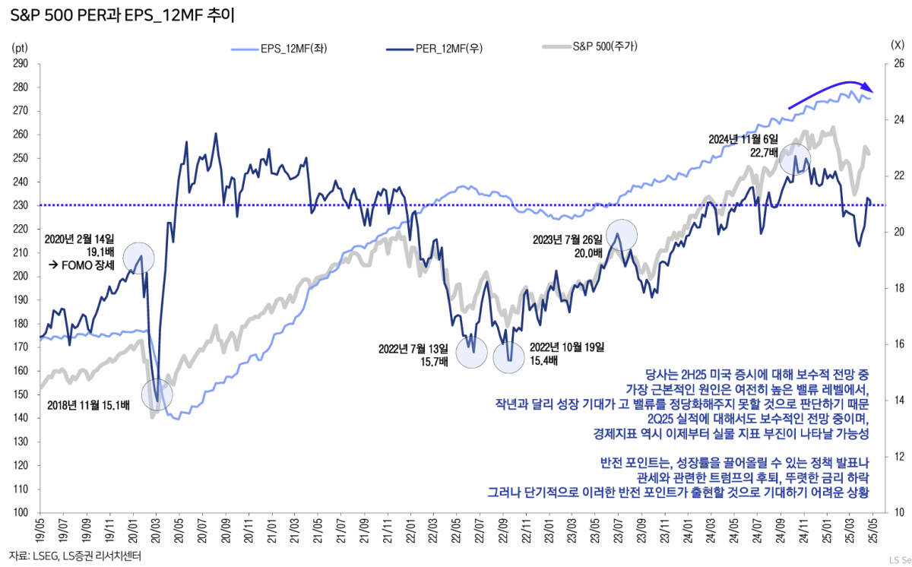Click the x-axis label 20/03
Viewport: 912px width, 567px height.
(x=155, y=530)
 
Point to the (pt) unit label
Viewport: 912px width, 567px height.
(x=20, y=46)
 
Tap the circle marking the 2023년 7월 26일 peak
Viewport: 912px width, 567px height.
(x=622, y=235)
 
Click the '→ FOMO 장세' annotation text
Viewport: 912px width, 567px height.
(x=81, y=265)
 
